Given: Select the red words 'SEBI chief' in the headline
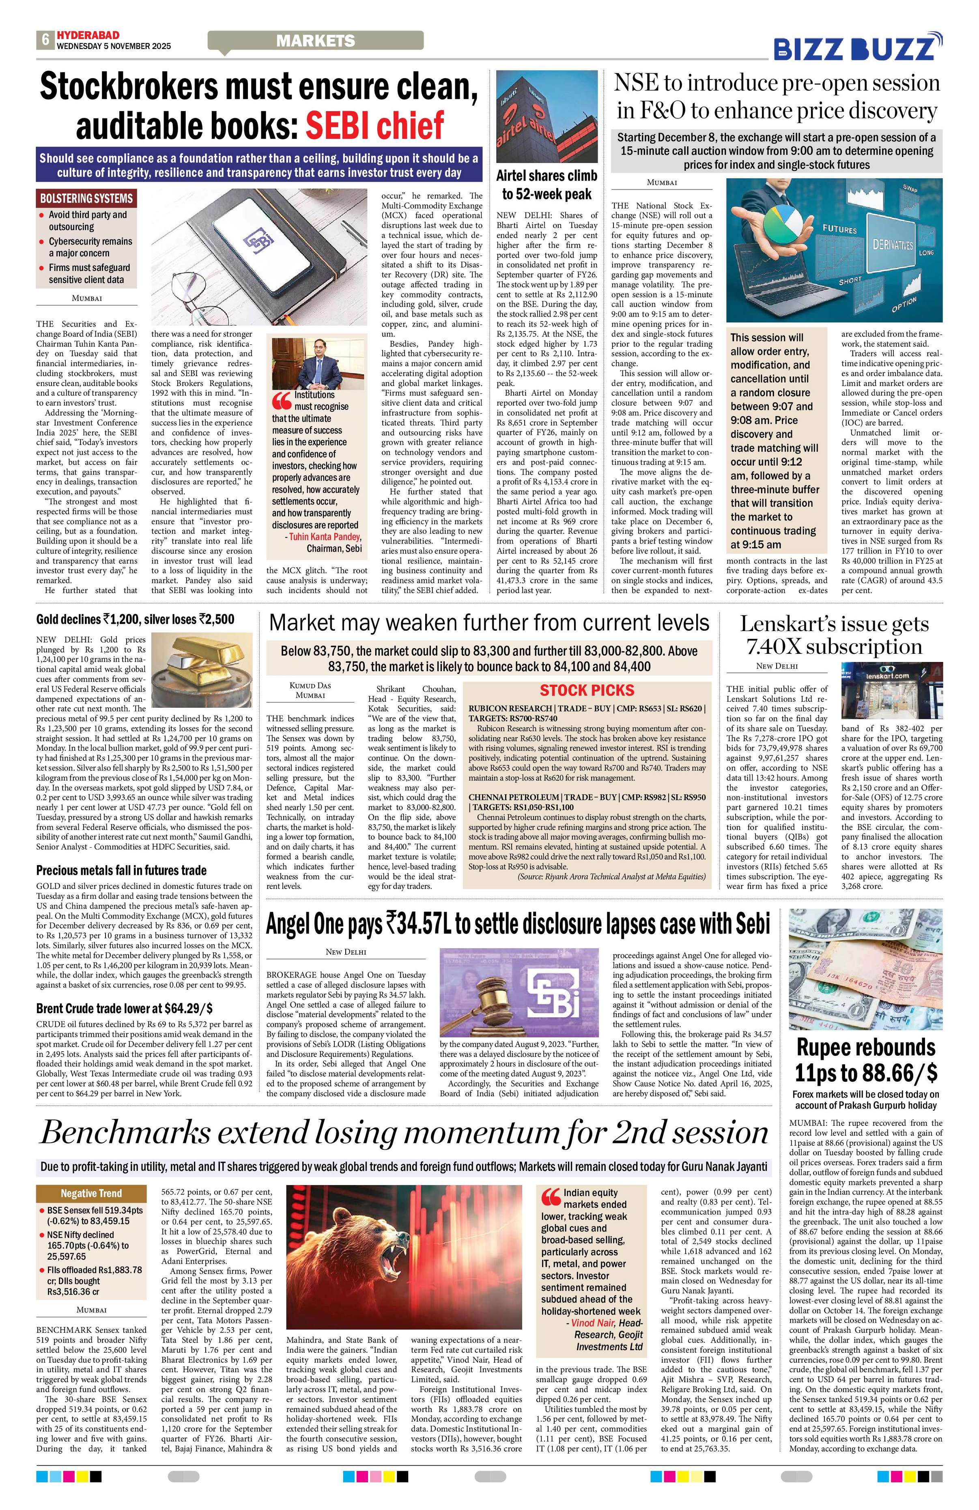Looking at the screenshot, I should point(374,125).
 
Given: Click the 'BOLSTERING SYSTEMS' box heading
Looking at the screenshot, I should point(86,198).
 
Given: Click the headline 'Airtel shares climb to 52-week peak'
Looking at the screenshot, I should point(546,185).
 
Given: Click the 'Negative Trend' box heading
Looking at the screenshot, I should point(91,1193).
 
